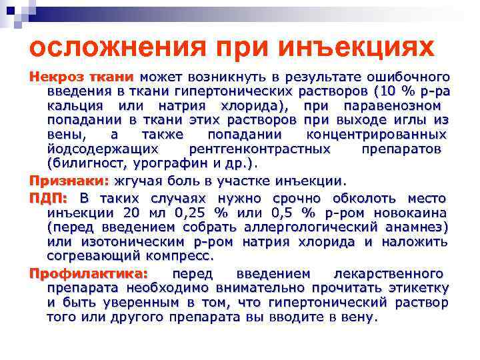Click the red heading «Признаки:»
click(69, 181)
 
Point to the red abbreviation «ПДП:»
click(49, 199)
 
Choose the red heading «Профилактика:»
click(89, 273)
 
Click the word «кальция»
click(75, 106)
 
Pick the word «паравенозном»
click(393, 106)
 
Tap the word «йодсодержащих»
click(103, 149)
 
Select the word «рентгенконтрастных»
click(260, 150)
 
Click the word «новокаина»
click(411, 213)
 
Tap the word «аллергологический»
click(311, 227)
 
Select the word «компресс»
click(180, 256)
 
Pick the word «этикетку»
click(419, 289)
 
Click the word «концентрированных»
click(377, 135)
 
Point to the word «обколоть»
click(364, 199)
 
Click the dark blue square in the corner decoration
click(11, 11)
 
